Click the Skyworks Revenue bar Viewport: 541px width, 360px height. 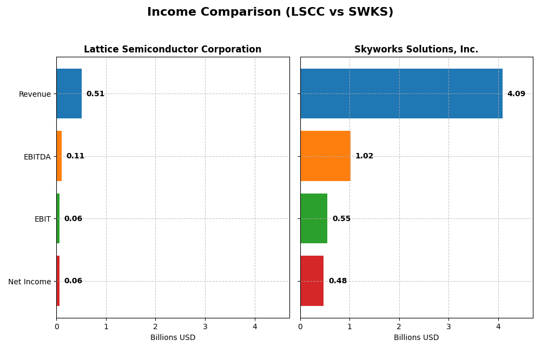click(401, 94)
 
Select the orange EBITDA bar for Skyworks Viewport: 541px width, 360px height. click(325, 156)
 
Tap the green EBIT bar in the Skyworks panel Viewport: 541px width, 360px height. click(314, 218)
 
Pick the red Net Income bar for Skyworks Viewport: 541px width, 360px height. click(312, 281)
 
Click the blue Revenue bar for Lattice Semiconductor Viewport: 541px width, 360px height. click(69, 94)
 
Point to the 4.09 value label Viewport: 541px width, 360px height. click(516, 94)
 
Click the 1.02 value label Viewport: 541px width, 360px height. click(364, 156)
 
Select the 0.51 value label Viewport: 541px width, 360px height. click(95, 94)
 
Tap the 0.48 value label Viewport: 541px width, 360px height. click(338, 281)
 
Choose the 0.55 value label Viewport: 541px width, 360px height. click(341, 219)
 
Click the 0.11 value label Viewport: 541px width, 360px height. click(75, 156)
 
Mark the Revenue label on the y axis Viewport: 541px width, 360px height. click(35, 95)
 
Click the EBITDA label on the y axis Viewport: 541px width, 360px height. click(37, 157)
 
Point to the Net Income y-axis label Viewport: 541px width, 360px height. click(29, 282)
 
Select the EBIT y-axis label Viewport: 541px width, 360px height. click(42, 219)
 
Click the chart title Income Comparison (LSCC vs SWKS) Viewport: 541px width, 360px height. click(270, 12)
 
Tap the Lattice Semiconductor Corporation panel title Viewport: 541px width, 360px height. click(173, 50)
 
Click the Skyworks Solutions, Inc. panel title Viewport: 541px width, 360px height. click(416, 50)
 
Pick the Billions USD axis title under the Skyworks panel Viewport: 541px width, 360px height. click(416, 338)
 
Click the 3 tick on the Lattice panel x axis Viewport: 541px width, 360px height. click(205, 326)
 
